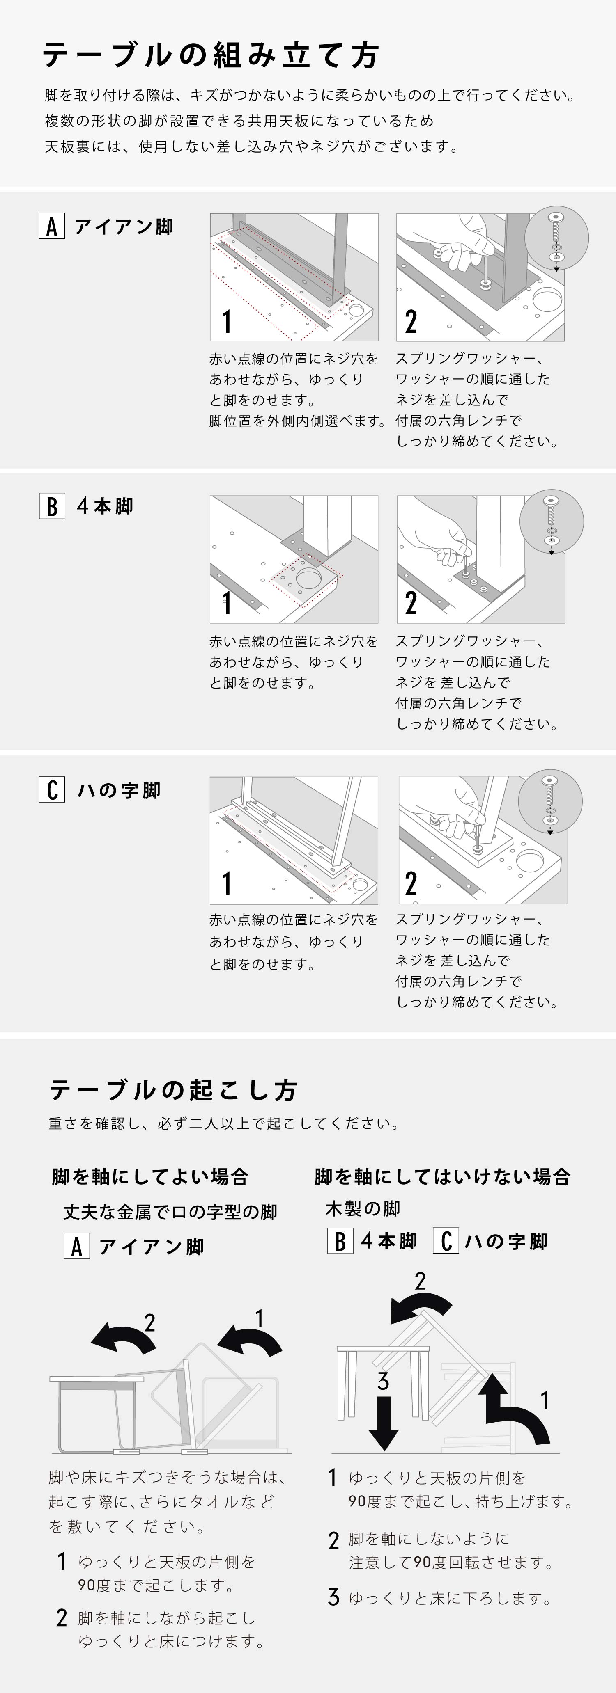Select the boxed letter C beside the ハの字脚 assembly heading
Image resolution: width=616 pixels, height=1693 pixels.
51,789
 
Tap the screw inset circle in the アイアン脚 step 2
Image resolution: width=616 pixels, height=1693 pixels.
558,238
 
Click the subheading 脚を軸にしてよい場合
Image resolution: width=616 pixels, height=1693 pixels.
150,1176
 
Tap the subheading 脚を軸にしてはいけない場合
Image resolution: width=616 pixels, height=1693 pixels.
442,1176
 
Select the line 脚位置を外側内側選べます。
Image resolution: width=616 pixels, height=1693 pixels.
297,421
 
